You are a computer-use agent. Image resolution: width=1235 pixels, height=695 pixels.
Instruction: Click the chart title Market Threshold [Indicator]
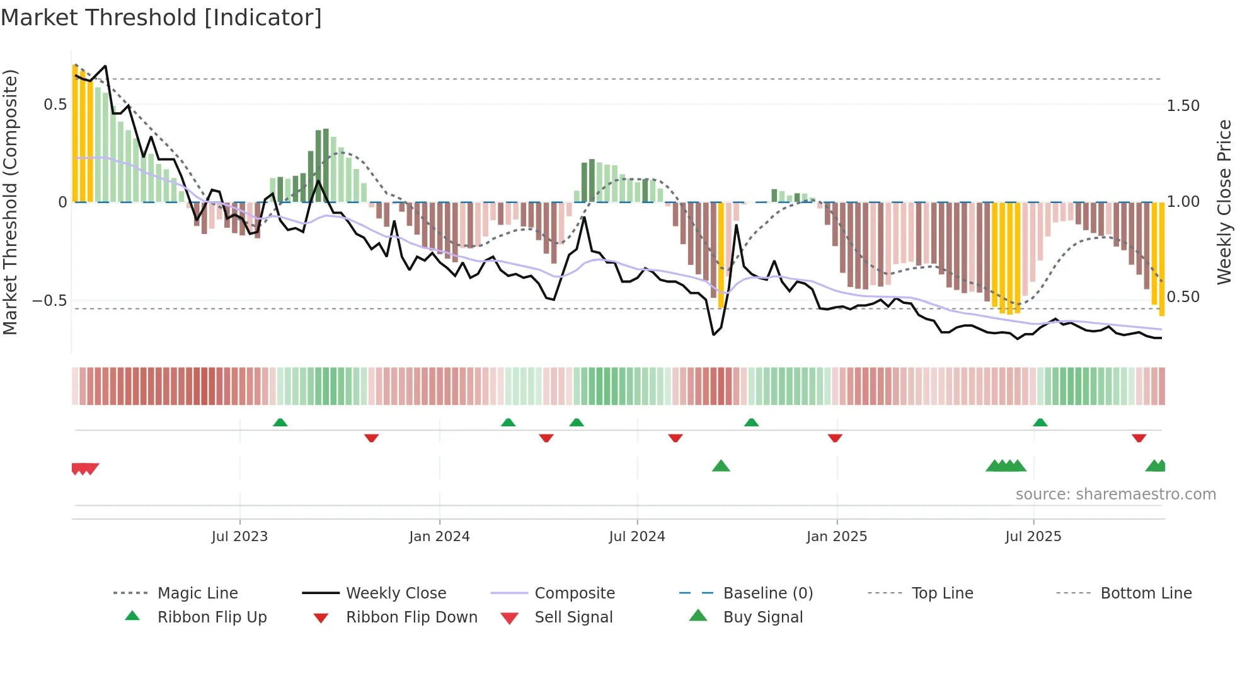[161, 18]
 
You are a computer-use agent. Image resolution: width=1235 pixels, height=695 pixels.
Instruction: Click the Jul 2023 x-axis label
[239, 537]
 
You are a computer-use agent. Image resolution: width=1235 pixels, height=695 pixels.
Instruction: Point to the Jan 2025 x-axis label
[837, 537]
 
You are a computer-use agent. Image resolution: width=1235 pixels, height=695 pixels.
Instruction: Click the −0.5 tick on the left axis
[50, 300]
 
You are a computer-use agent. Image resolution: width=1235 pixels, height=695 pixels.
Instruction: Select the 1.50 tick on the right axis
[1183, 106]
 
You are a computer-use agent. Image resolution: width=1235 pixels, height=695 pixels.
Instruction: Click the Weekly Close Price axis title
[1224, 202]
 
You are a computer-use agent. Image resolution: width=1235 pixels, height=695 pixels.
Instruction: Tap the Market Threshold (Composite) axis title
[10, 202]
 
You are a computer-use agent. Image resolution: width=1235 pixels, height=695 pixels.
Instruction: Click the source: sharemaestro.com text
[1115, 494]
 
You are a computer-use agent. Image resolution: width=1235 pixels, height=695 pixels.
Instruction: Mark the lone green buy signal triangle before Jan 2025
[721, 466]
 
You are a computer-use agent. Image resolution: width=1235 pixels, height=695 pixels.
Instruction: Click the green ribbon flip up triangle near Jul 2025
[1040, 423]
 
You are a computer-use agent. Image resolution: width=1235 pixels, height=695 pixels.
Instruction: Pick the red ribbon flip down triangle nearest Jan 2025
[835, 438]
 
